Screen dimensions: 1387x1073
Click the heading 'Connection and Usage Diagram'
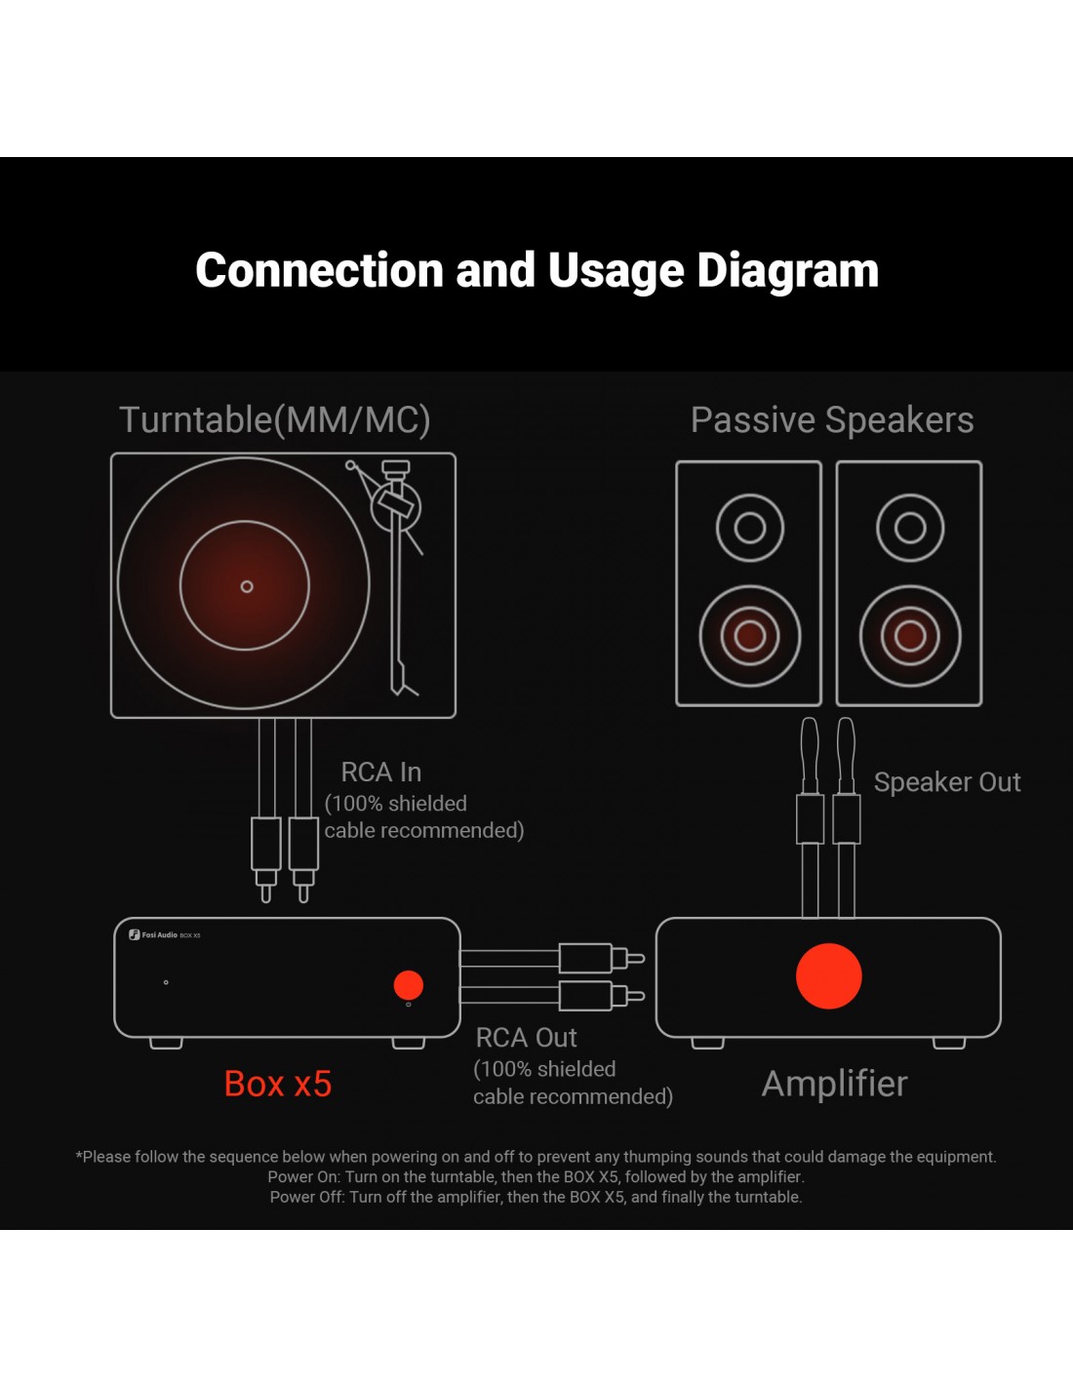tap(536, 270)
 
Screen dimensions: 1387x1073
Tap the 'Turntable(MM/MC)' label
tap(275, 420)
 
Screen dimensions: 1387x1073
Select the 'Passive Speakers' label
tap(832, 420)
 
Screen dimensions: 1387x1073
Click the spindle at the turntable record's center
tap(247, 586)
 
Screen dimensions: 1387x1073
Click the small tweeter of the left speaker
tap(749, 528)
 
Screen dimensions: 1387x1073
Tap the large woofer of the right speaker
tap(910, 636)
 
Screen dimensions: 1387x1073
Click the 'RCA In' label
tap(381, 773)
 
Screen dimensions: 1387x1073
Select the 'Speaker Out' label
tap(947, 782)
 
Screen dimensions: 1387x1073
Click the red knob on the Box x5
tap(408, 985)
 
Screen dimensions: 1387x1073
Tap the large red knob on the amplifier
tap(829, 975)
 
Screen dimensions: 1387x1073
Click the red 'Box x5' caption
tap(278, 1084)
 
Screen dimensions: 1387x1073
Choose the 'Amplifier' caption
tap(835, 1084)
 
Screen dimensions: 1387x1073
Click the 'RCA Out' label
tap(527, 1038)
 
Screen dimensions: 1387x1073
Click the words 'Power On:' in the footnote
tap(304, 1177)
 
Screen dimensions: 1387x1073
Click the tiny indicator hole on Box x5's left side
tap(166, 982)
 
